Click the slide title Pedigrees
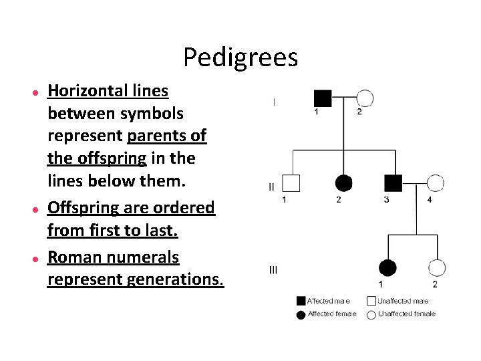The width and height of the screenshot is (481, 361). pos(240,57)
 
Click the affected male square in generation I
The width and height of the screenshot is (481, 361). pos(323,98)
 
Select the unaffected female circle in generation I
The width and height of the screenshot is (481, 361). pos(364,98)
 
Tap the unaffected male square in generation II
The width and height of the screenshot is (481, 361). pos(291,183)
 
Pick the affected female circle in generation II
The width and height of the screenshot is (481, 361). pos(343,183)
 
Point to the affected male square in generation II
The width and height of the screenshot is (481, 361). pos(393,183)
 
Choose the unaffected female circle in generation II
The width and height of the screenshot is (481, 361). pos(435,183)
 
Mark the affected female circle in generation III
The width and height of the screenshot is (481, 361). pos(387,268)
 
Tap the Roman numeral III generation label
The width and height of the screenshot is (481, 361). pos(273,270)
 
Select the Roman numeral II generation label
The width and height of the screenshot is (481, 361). pos(271,187)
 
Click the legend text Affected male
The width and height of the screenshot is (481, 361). pos(328,301)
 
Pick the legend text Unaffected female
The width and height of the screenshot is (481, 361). pos(406,314)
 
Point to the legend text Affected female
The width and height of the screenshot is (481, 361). pos(331,314)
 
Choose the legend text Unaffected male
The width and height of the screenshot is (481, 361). pos(403,301)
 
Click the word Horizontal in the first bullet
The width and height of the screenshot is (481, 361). pos(89,90)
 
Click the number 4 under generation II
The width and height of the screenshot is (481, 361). pos(430,199)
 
